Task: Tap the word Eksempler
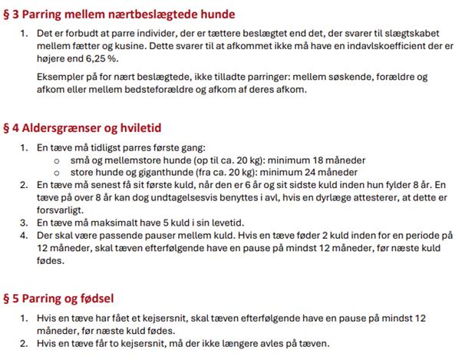pos(60,78)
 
